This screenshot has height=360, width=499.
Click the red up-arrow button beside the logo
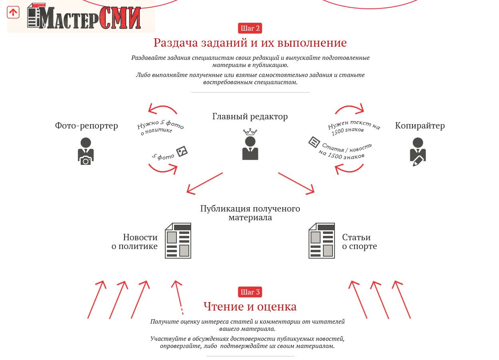point(13,12)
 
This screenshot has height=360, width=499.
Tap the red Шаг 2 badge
point(250,28)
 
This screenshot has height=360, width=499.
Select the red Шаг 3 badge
point(250,292)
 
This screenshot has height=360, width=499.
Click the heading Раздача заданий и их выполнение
point(250,43)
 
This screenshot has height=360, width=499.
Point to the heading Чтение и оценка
point(250,307)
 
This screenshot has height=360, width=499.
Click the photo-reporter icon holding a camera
point(86,151)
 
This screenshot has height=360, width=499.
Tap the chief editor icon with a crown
point(250,144)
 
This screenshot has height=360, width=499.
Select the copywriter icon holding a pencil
point(418,152)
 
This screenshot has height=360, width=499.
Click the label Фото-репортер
point(87,126)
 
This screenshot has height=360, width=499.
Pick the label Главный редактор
point(250,117)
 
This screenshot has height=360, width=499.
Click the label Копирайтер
point(420,126)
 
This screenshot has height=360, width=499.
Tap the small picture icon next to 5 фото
point(182,152)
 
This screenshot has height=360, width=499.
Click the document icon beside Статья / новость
point(314,142)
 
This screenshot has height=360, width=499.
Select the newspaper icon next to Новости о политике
point(178,241)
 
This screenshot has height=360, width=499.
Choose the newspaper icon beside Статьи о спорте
point(322,241)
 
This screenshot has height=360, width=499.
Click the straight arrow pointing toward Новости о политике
point(205,183)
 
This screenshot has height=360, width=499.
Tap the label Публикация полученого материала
point(250,213)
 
